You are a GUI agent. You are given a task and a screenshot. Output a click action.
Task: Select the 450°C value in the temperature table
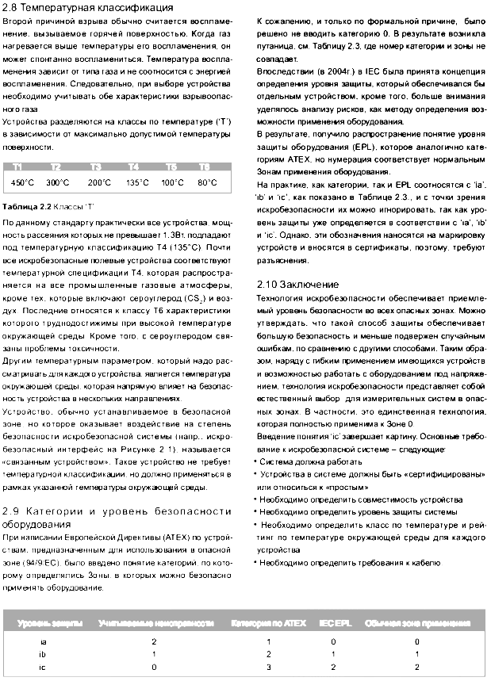click(x=22, y=182)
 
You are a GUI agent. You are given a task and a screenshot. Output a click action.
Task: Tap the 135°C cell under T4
click(x=137, y=182)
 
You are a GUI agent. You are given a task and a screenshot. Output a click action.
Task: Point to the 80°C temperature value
click(x=207, y=182)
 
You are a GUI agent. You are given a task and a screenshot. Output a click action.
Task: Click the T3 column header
click(x=96, y=167)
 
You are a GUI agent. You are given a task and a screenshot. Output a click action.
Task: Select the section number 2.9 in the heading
click(x=14, y=511)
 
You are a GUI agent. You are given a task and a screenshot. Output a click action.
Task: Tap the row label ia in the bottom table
click(x=43, y=640)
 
